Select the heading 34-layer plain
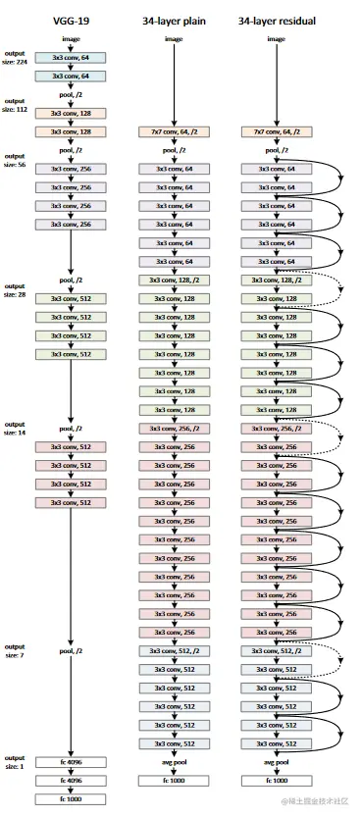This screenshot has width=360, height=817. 174,19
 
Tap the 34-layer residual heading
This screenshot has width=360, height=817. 277,19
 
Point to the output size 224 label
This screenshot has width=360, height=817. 15,58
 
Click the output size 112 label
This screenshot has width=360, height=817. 15,105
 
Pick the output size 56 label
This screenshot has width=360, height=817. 15,160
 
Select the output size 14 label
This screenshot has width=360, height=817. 15,429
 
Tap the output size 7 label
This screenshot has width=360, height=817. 15,651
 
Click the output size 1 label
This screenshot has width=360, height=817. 15,762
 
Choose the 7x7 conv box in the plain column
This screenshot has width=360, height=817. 174,130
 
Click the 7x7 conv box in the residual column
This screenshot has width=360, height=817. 277,130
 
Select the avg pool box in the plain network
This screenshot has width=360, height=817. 174,762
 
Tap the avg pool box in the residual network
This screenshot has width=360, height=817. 277,762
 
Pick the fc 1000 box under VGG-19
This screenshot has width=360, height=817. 71,799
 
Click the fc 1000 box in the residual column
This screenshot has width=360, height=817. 277,781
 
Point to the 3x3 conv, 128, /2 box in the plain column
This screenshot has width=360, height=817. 174,280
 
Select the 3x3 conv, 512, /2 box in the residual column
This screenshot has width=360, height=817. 277,651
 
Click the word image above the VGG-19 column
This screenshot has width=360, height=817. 71,39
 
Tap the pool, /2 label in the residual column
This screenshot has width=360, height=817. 277,151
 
